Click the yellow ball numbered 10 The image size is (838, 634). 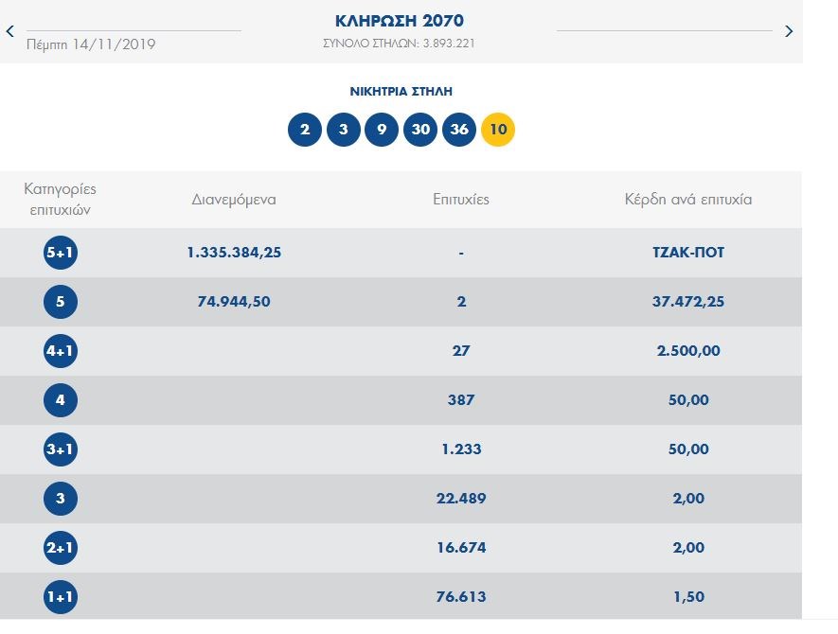click(x=498, y=130)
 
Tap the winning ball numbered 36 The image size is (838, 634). click(x=459, y=130)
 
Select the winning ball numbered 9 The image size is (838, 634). click(x=382, y=130)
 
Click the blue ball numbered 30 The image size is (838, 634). click(x=420, y=130)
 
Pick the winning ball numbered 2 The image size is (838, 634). click(x=305, y=130)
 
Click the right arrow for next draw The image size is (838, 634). click(x=790, y=31)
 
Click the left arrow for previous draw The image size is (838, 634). click(x=10, y=31)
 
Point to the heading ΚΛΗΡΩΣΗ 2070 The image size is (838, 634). click(x=400, y=21)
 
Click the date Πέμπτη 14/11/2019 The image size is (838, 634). click(x=91, y=44)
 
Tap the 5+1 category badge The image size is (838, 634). click(x=61, y=253)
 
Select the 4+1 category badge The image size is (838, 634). click(x=61, y=351)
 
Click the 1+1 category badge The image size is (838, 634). click(x=61, y=597)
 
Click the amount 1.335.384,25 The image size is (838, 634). click(x=235, y=253)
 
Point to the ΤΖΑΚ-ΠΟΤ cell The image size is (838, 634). click(x=688, y=253)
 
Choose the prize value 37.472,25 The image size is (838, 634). click(x=688, y=302)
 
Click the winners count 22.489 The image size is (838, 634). click(x=461, y=499)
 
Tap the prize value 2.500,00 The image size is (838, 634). click(x=688, y=351)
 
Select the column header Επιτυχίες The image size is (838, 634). click(x=461, y=200)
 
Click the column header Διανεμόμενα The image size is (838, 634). click(x=234, y=200)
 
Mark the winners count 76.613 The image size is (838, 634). click(x=461, y=597)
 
